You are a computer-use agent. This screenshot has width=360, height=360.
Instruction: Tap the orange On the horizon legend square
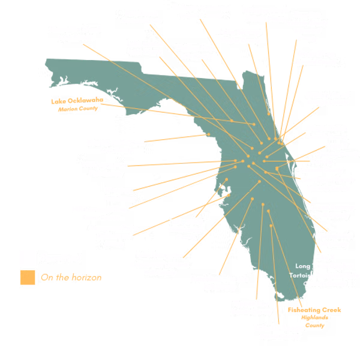tap(26, 277)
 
